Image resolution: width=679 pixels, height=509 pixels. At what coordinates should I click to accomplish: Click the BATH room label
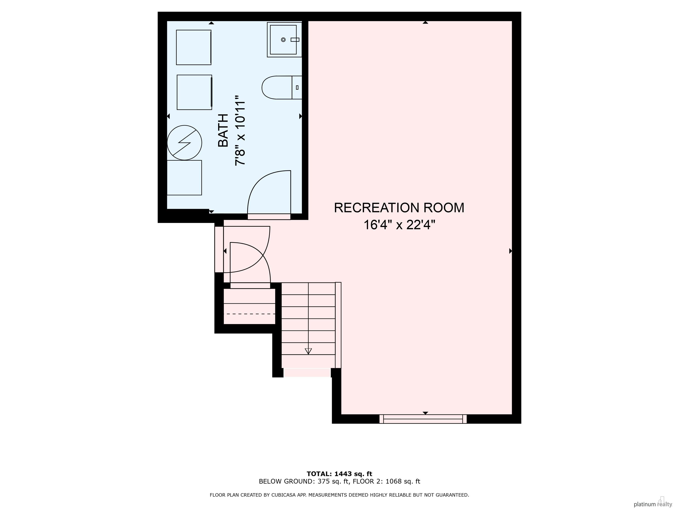click(223, 130)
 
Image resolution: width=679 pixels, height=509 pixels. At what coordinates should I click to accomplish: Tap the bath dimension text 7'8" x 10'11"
click(240, 130)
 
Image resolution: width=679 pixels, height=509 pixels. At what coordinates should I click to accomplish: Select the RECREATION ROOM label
click(399, 208)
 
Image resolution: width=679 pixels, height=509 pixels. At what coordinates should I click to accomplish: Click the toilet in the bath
click(282, 87)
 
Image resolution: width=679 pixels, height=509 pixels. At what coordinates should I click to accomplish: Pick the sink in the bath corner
click(284, 40)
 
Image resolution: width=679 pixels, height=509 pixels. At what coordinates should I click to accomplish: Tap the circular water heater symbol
click(185, 143)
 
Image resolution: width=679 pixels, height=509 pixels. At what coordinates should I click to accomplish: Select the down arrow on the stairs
click(308, 351)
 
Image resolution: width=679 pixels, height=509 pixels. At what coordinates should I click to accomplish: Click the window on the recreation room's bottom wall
click(423, 419)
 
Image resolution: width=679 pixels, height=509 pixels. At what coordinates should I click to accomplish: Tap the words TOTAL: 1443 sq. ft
click(339, 474)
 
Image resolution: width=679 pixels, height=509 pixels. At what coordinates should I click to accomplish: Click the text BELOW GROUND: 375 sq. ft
click(304, 481)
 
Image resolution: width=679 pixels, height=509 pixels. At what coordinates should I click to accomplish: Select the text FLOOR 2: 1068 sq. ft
click(386, 481)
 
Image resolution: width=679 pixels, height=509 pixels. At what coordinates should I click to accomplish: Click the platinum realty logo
click(653, 504)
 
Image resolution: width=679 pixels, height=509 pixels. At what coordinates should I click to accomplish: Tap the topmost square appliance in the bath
click(194, 47)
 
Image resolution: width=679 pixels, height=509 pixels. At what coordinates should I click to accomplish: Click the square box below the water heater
click(184, 178)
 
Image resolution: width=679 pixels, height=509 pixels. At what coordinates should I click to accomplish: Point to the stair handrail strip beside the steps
click(338, 325)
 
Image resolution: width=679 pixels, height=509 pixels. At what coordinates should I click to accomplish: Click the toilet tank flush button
click(297, 87)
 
